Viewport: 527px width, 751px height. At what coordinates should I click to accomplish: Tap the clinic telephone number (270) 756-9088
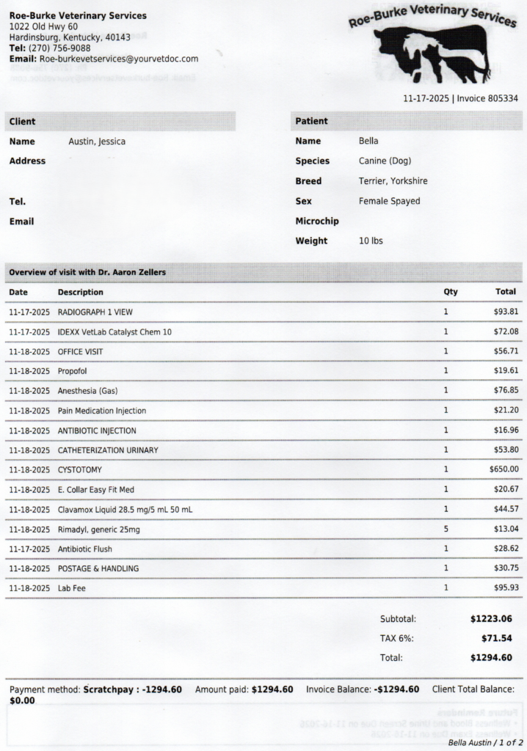point(59,48)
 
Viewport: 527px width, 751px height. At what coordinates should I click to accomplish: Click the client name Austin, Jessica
point(97,142)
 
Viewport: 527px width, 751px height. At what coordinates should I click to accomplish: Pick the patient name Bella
point(368,141)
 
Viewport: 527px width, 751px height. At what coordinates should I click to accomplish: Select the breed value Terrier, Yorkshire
point(393,181)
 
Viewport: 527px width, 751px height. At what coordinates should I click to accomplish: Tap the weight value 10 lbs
point(371,241)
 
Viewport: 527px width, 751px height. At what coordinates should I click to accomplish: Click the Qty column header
point(450,292)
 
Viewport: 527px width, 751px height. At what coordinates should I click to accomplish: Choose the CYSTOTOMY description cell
point(80,469)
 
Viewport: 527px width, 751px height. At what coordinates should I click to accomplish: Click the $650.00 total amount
point(504,469)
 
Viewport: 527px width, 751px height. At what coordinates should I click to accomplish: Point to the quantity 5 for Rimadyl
point(446,529)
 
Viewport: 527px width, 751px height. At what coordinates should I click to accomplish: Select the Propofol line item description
point(72,371)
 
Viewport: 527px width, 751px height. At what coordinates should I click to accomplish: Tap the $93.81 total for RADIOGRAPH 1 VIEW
point(506,312)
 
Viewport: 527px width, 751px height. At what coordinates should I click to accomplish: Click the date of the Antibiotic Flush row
point(29,549)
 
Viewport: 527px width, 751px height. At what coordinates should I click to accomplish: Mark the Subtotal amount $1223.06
point(491,619)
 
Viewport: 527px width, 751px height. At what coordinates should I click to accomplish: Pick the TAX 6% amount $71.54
point(496,638)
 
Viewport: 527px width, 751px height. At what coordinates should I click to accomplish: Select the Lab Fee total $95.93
point(506,588)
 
